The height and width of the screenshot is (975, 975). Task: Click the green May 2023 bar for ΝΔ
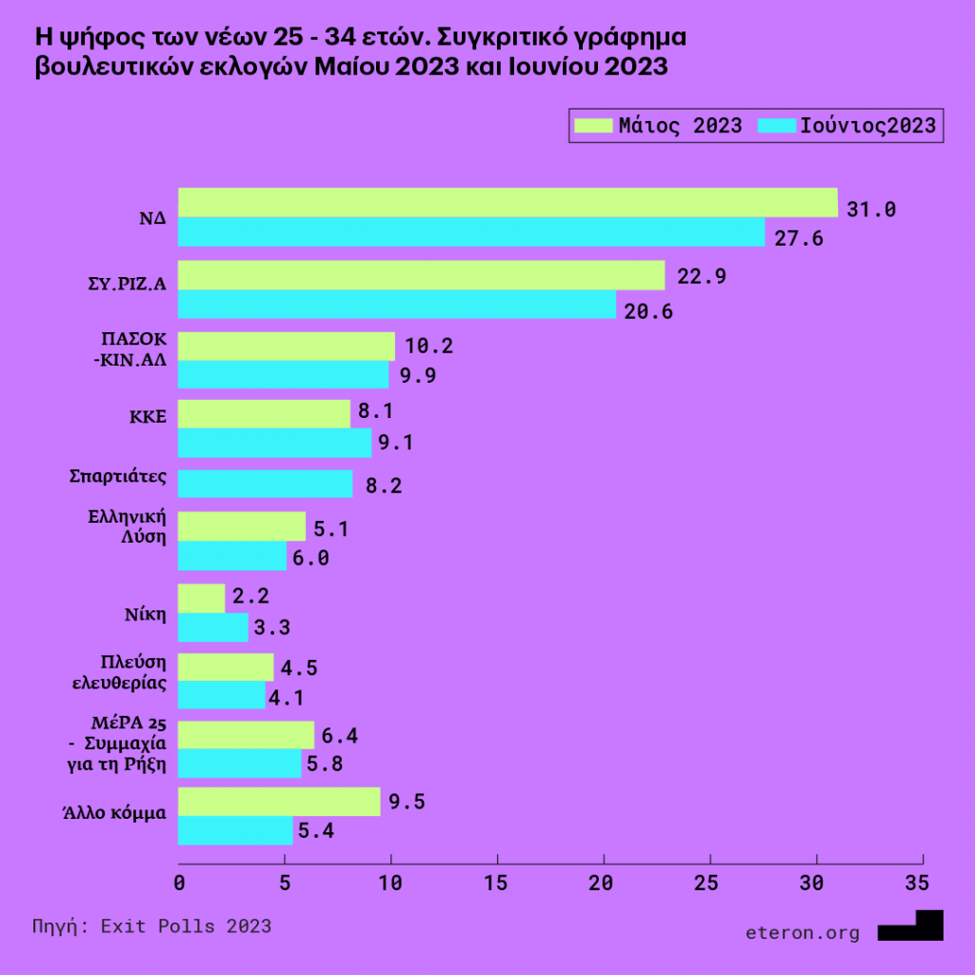[507, 203]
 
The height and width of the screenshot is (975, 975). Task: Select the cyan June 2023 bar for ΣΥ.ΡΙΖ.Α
[397, 305]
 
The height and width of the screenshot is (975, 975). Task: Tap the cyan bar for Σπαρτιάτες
[266, 484]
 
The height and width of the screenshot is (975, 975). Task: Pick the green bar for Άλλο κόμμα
[279, 802]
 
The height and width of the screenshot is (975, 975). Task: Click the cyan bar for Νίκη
[213, 627]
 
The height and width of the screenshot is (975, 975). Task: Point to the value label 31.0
[871, 209]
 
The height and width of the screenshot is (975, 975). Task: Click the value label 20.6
[648, 311]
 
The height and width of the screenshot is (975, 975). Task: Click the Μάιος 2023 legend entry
[658, 126]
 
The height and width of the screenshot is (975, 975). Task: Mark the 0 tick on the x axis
[179, 883]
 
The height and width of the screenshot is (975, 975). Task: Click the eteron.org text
[803, 932]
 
